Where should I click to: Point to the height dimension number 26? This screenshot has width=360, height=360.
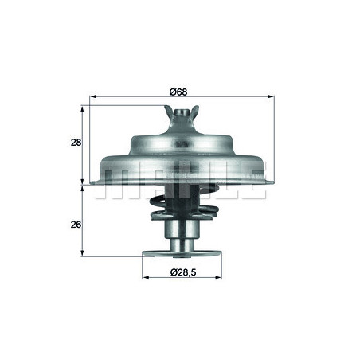[75, 225]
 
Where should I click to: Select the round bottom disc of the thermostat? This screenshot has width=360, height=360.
[182, 256]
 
